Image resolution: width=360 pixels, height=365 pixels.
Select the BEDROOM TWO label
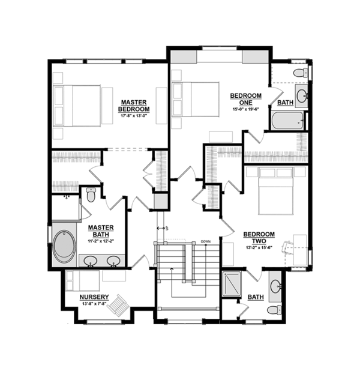259,237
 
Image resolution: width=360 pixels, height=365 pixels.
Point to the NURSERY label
94,297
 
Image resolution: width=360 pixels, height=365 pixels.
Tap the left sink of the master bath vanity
91,261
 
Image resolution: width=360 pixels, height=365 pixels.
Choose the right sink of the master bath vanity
112,261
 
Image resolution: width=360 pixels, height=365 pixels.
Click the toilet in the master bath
91,195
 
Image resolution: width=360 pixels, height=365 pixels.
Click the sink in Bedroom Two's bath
275,286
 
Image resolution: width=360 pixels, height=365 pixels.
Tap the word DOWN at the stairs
206,242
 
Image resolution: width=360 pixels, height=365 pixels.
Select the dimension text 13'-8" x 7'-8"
94,304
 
